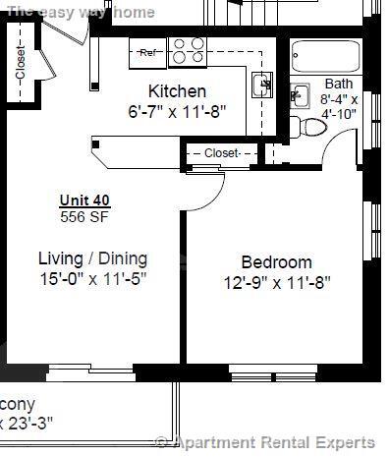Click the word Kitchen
(177, 92)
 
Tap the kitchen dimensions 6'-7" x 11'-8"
(177, 111)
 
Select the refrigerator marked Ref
(147, 52)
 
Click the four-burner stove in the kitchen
(187, 49)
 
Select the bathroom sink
(299, 96)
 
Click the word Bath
(338, 85)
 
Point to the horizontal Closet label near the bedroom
(222, 153)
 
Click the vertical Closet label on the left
(21, 62)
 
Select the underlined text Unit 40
(84, 200)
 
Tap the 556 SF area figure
(84, 215)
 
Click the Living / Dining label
(92, 258)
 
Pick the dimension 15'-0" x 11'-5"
(92, 278)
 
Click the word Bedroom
(276, 262)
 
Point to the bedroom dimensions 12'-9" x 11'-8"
(276, 282)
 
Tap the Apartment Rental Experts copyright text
(265, 443)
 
